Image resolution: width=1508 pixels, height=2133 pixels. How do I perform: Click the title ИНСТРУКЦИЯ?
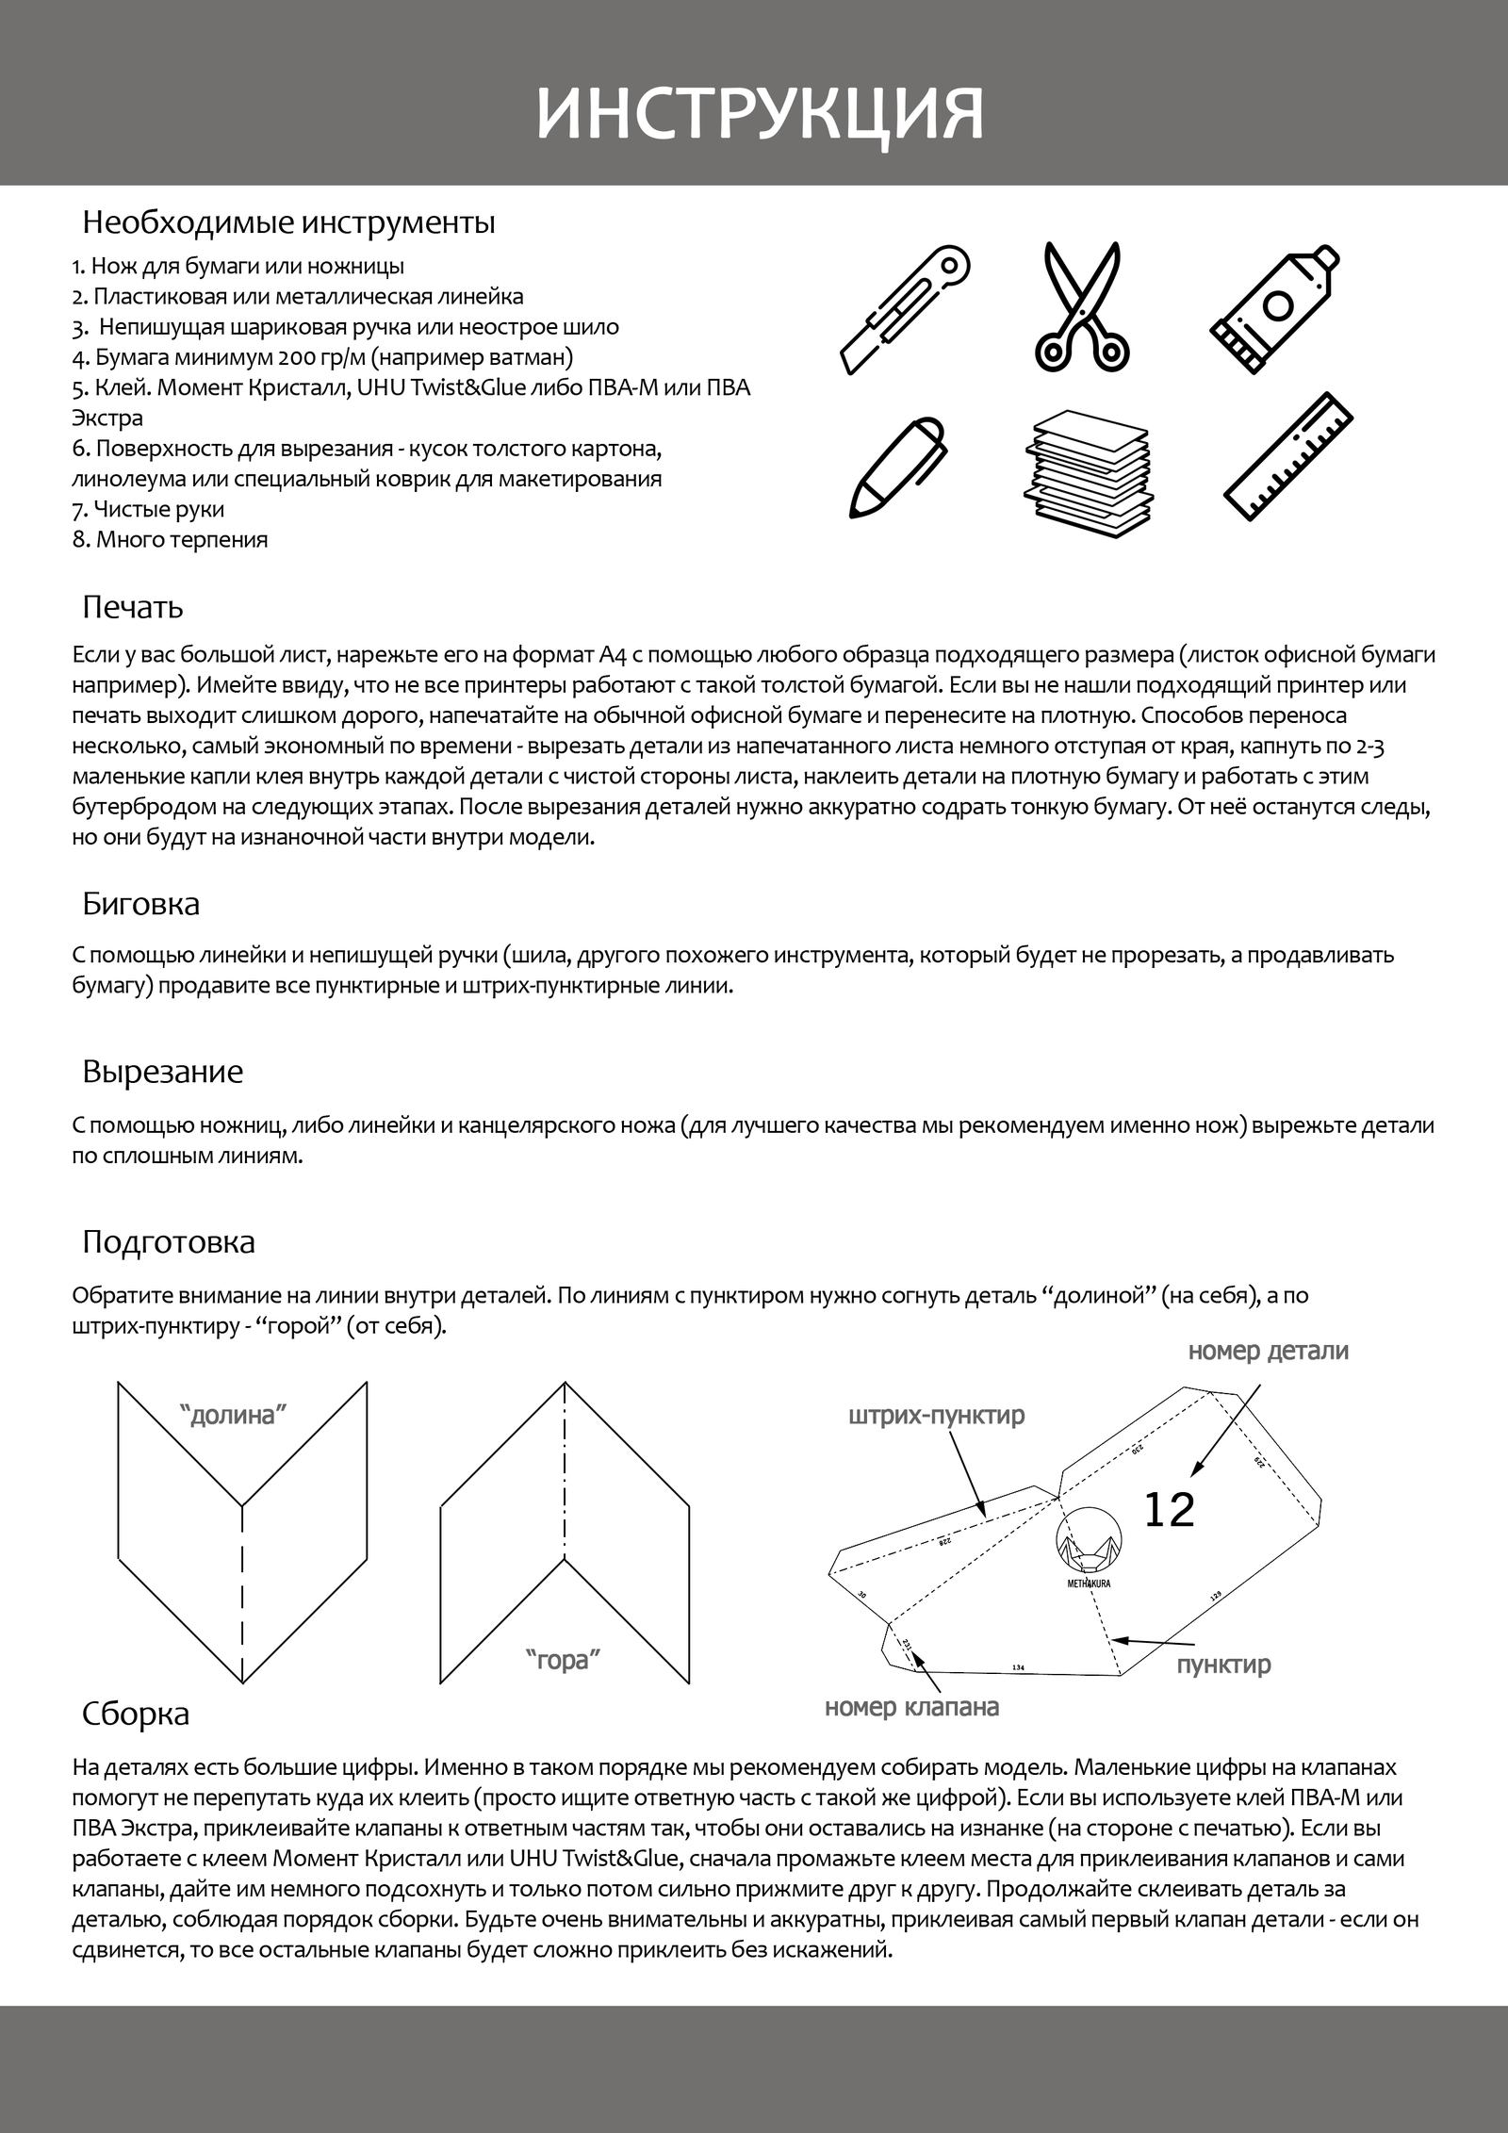point(760,114)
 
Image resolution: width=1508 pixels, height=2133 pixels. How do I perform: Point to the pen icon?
point(896,466)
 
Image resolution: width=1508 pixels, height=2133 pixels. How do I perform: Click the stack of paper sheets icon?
point(1087,473)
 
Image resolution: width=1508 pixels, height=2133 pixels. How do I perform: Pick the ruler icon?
point(1288,456)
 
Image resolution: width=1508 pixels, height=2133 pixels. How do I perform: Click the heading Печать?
point(133,606)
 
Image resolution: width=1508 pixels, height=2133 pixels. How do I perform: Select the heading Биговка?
point(141,904)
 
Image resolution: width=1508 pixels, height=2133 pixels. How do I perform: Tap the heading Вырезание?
point(162,1072)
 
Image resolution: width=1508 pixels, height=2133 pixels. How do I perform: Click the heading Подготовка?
point(169,1241)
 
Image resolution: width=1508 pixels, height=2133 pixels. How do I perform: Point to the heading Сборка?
point(136,1713)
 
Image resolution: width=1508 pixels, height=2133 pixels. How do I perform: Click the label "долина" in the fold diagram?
point(233,1415)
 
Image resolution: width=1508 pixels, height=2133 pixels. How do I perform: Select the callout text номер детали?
point(1268,1351)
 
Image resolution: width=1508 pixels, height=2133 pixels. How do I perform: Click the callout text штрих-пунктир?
point(936,1415)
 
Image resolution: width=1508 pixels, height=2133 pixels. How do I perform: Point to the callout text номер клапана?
point(911,1707)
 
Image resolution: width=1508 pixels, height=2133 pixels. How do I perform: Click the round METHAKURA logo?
point(1089,1549)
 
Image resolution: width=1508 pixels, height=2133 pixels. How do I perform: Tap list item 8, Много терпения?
point(171,540)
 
